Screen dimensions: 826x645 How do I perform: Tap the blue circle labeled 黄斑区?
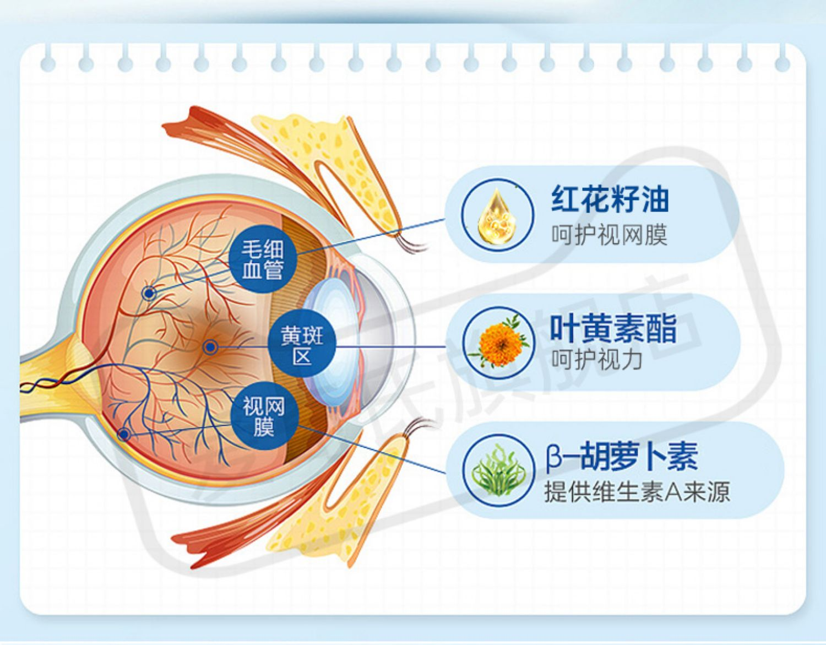[x=302, y=346]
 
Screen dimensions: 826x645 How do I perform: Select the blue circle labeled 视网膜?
[x=264, y=416]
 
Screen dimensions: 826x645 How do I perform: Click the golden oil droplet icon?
[x=498, y=214]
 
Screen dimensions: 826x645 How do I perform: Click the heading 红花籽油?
[x=610, y=199]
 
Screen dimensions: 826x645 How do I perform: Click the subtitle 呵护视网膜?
[x=610, y=235]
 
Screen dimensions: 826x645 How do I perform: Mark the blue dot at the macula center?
[x=210, y=347]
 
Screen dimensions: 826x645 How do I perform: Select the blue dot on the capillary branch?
[x=149, y=293]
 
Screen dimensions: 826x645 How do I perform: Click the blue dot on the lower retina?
[x=124, y=435]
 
